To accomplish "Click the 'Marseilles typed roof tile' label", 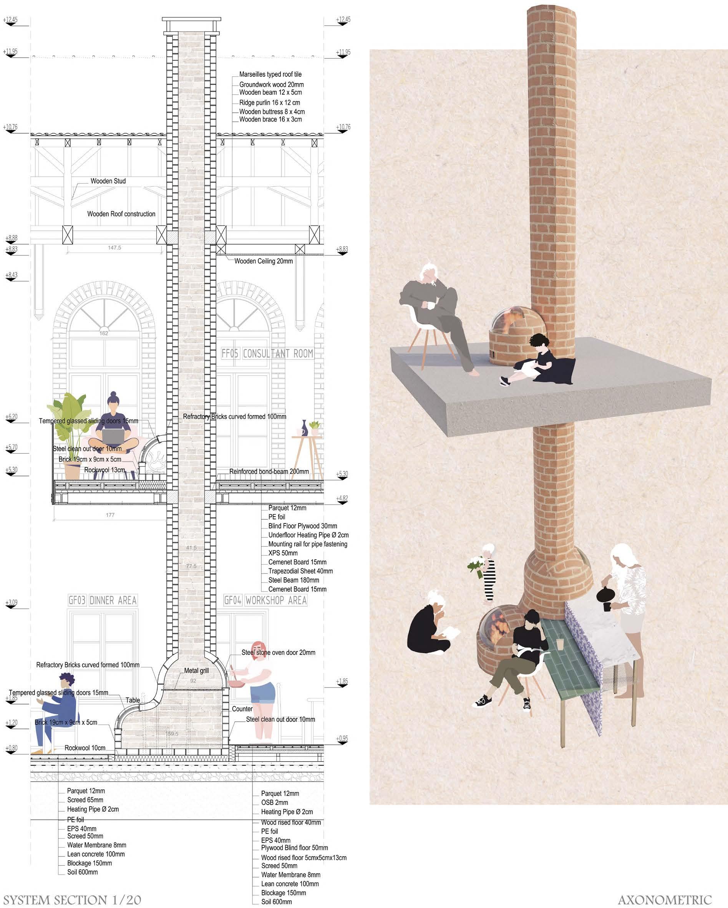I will tap(270, 75).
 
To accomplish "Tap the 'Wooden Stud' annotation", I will tap(108, 181).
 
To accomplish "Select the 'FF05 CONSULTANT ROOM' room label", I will tap(267, 353).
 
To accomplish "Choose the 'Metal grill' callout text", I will tap(196, 671).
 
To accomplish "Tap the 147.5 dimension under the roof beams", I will tap(114, 248).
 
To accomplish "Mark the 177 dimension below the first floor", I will tap(110, 515).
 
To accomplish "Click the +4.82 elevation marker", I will tap(342, 499).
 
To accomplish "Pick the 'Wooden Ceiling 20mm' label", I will tap(263, 261).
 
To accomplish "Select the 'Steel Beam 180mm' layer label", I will tap(293, 580).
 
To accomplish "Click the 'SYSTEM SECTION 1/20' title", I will tap(72, 900).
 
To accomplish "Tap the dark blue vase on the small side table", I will tap(304, 428).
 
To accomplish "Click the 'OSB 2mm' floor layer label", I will tap(274, 803).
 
